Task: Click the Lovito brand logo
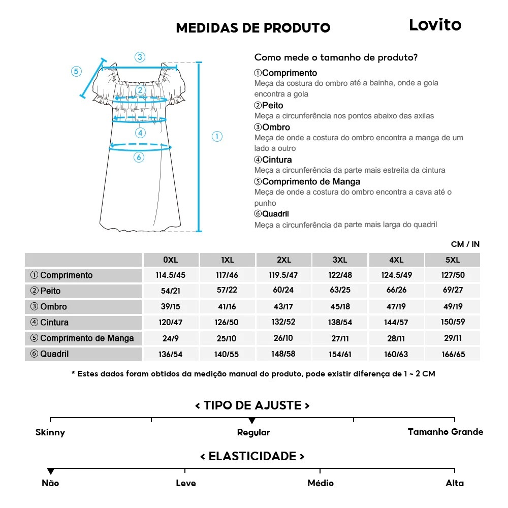click(x=435, y=25)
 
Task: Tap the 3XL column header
click(x=340, y=260)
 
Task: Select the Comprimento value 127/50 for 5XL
click(x=452, y=275)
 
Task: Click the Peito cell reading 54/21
click(x=171, y=291)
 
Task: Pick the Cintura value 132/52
click(x=283, y=322)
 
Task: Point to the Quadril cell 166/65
click(x=452, y=354)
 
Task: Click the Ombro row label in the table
click(x=53, y=307)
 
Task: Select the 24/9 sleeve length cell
click(x=171, y=338)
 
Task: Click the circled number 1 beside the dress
click(x=217, y=136)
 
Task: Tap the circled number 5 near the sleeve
click(x=76, y=71)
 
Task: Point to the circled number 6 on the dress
click(x=139, y=157)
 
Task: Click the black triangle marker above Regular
click(x=252, y=421)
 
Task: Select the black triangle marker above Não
click(x=50, y=471)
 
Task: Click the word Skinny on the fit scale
click(x=50, y=433)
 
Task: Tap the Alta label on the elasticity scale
click(x=455, y=483)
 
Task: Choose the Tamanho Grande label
click(x=446, y=432)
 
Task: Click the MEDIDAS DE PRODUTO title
click(x=253, y=28)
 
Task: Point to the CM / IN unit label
click(x=465, y=244)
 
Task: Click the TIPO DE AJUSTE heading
click(x=252, y=405)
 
